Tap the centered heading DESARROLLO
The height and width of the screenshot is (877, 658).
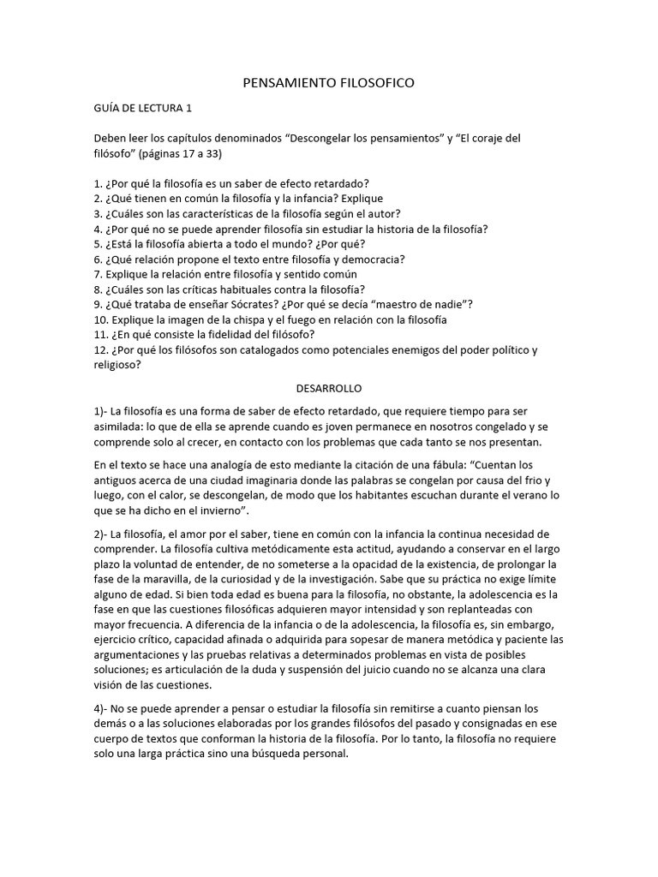coord(328,388)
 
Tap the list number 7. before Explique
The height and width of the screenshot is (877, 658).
coord(98,275)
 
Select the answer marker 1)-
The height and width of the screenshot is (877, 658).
coord(102,412)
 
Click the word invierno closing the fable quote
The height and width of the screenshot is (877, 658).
coord(219,510)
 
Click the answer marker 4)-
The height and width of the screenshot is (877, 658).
coord(102,708)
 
